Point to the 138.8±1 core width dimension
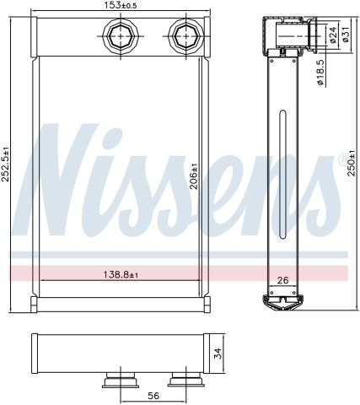[x=121, y=274]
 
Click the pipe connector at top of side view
[x=291, y=35]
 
